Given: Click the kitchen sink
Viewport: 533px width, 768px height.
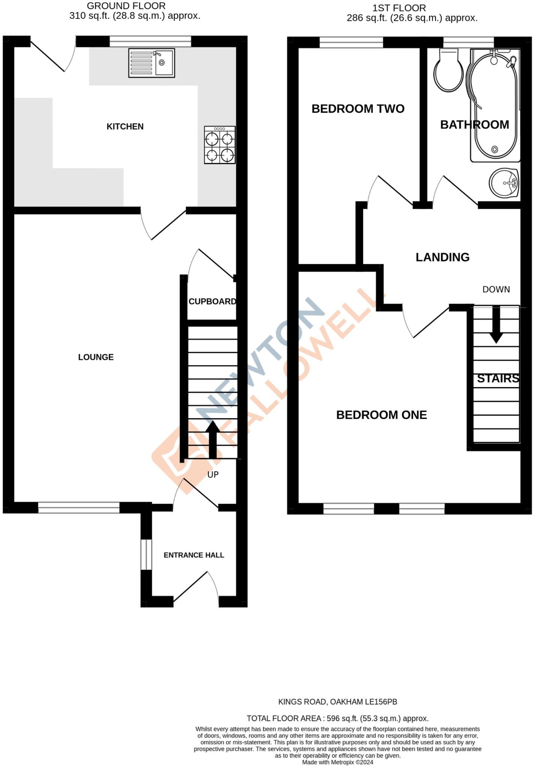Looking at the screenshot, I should click(x=151, y=63).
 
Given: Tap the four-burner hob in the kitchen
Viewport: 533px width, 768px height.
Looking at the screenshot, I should click(x=220, y=145).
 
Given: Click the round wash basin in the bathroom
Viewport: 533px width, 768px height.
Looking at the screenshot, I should click(x=504, y=183).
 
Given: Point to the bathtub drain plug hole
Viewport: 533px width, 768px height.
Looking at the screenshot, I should click(x=494, y=150).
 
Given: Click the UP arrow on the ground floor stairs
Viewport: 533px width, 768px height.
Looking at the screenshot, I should click(x=213, y=439).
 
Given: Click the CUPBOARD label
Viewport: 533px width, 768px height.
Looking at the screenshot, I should click(x=212, y=301).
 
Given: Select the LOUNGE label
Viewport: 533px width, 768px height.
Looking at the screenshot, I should click(x=96, y=357).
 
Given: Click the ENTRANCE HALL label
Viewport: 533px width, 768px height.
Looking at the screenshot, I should click(x=194, y=555).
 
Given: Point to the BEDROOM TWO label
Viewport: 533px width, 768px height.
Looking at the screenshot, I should click(x=358, y=109).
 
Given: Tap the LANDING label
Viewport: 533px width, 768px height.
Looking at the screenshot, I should click(x=442, y=257).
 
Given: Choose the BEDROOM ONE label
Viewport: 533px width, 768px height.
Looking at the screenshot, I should click(x=381, y=415).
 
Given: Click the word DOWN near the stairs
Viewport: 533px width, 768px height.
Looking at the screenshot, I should click(x=496, y=289).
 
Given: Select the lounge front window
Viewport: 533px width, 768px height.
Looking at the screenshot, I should click(x=79, y=508).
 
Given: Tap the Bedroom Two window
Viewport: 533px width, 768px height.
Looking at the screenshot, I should click(x=351, y=42).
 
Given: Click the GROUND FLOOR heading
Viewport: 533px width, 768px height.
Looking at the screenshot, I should click(x=126, y=6).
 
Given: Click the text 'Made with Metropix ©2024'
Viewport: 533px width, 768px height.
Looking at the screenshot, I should click(x=337, y=762).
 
